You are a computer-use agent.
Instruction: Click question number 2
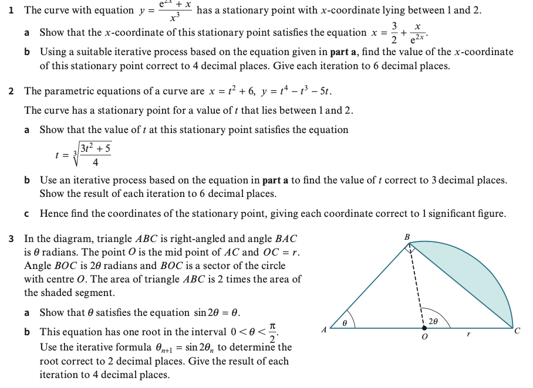coord(12,91)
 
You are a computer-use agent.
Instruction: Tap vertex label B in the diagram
coord(407,236)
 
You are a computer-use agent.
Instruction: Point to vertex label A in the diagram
coord(323,331)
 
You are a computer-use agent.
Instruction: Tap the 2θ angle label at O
coord(433,321)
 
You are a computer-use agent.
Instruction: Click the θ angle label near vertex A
coord(345,322)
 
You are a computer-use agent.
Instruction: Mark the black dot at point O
coord(424,328)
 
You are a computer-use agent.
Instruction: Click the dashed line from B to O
coord(416,287)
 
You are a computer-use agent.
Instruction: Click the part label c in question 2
coord(28,214)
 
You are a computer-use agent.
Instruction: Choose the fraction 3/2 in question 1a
coord(395,33)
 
